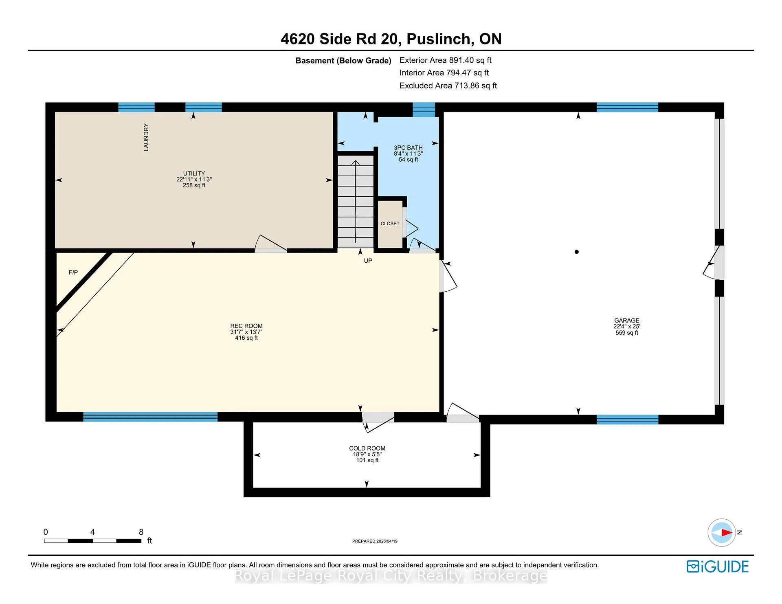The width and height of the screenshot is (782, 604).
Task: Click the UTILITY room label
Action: point(194,174)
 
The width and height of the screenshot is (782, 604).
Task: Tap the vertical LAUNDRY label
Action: point(146,137)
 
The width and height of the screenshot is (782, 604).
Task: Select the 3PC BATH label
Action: point(408,148)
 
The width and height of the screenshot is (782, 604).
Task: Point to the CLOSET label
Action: point(390,224)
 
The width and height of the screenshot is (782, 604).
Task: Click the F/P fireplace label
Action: point(73,272)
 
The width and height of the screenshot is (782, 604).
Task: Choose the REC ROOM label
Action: point(246,326)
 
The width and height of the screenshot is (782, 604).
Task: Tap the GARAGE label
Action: point(627,321)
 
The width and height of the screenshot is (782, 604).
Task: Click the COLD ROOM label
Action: point(367,448)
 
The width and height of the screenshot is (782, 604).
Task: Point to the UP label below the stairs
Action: point(368,261)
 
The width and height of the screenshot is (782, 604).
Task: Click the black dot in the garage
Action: point(576,252)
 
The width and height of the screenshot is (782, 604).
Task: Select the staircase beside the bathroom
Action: point(356,202)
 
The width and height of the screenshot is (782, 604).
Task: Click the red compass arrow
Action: point(727,532)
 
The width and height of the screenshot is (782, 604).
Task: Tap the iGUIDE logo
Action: point(718,567)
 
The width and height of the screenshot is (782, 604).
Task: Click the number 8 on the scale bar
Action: point(141,532)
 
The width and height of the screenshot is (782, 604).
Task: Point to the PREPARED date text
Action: point(375,541)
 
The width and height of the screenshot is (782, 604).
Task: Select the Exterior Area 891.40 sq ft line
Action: point(445,60)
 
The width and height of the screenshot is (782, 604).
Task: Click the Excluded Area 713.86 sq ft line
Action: point(448,86)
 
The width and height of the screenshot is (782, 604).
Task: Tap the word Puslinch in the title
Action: point(440,39)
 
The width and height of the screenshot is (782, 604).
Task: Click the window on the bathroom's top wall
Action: point(424,110)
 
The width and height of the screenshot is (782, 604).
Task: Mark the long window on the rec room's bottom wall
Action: point(150,417)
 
